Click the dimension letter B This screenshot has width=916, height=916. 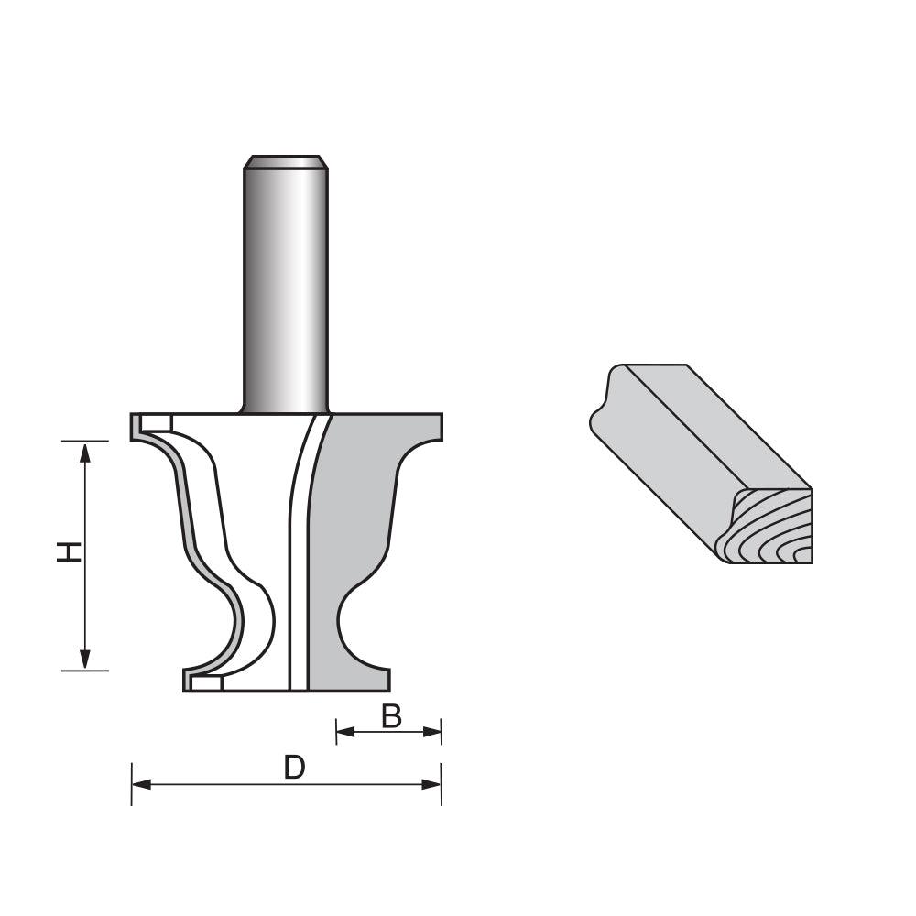click(391, 716)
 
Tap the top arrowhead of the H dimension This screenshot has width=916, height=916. click(85, 450)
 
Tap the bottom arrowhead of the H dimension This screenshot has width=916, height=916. click(85, 660)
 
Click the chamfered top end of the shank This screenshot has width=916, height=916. click(285, 162)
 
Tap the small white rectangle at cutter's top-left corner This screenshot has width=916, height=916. click(157, 422)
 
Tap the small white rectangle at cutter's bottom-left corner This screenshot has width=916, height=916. click(205, 683)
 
